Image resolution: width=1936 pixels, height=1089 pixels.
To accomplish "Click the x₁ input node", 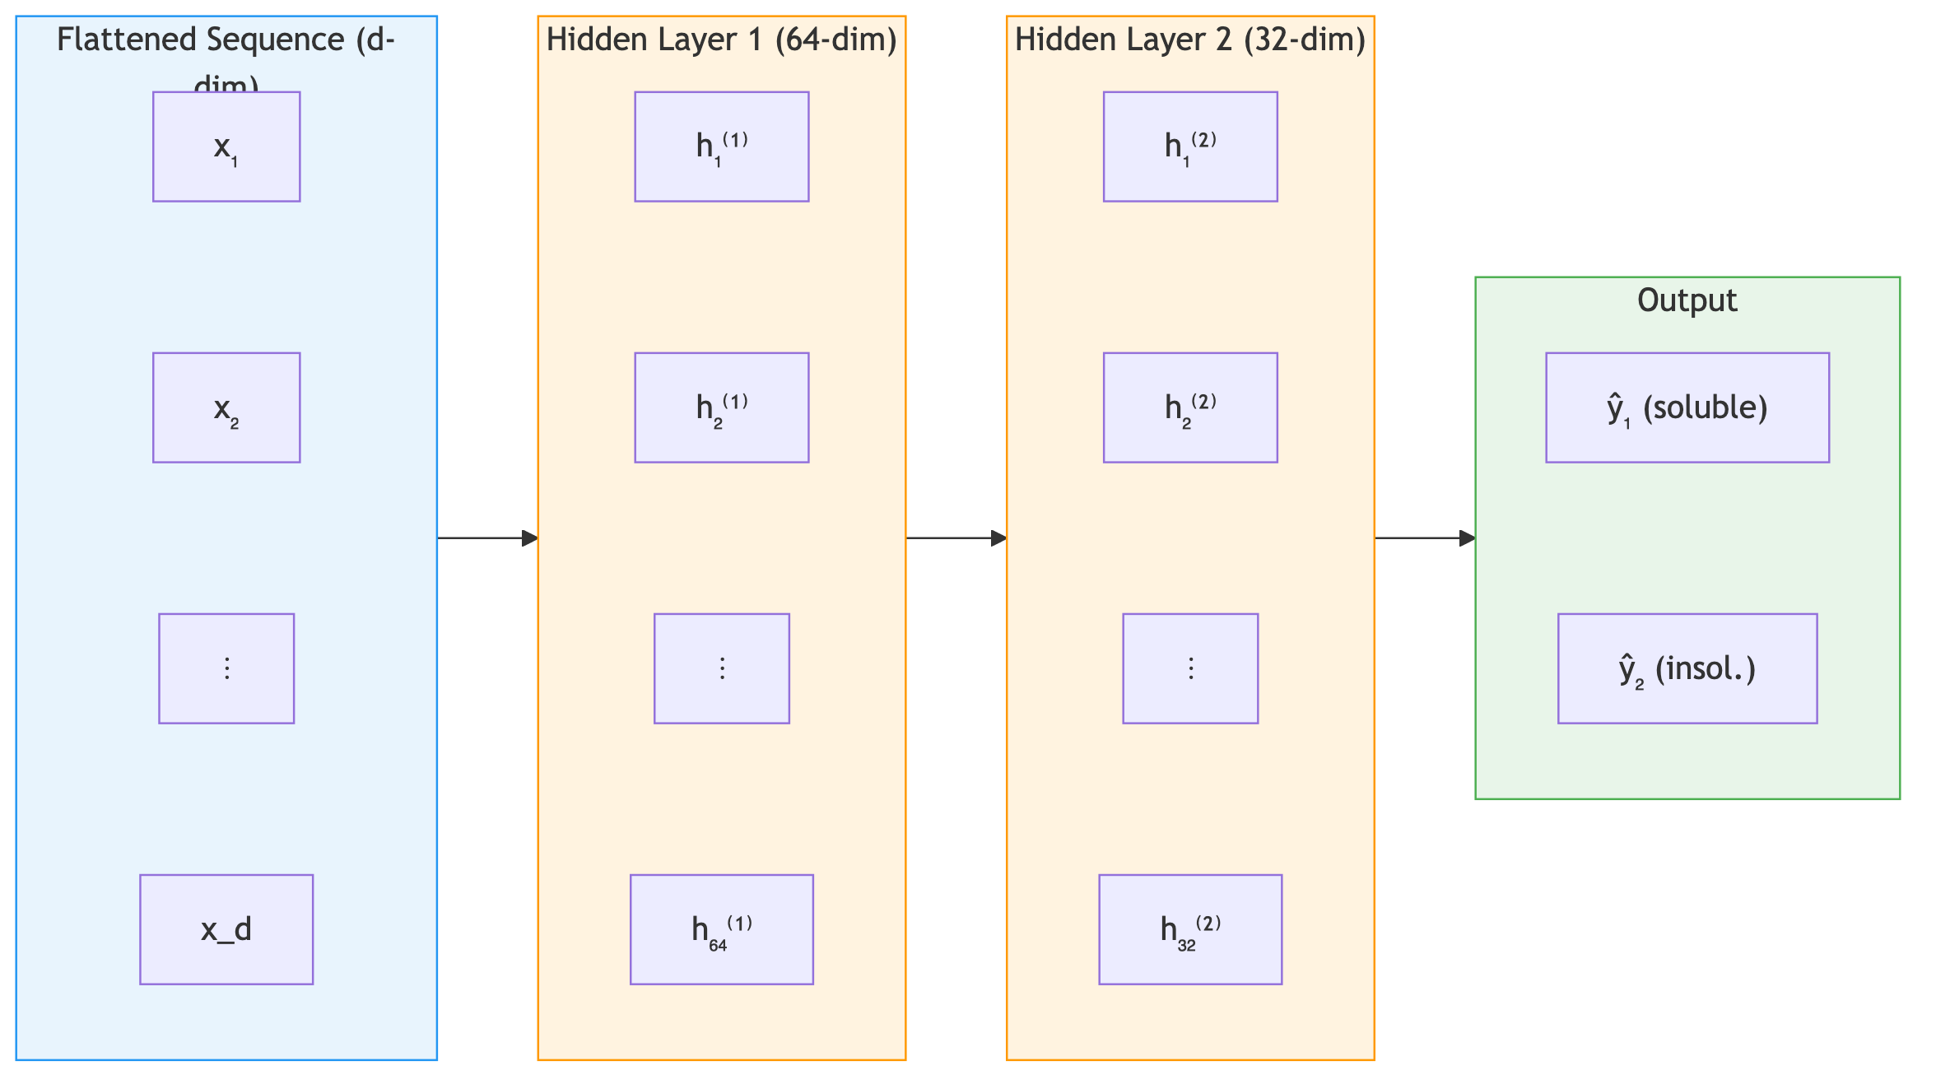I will click(226, 147).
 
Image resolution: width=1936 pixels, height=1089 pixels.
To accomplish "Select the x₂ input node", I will click(226, 407).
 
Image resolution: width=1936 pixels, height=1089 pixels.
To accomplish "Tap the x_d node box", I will click(226, 929).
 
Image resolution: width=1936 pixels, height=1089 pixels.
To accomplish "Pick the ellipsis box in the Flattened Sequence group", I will click(226, 668).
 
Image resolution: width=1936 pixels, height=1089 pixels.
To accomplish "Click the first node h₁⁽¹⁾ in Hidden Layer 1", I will click(722, 147).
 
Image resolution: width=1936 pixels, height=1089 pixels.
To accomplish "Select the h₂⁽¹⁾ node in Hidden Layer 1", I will click(722, 407).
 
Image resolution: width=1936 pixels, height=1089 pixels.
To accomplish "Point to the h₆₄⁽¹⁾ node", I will click(722, 929).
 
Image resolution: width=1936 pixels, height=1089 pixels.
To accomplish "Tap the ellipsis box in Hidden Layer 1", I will click(722, 668).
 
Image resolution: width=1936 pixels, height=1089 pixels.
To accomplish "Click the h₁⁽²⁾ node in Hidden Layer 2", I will click(1190, 147).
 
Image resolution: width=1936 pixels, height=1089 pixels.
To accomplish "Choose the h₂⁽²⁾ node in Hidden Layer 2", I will click(1190, 407).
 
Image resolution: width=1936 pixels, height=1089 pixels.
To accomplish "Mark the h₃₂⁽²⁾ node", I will click(1190, 929).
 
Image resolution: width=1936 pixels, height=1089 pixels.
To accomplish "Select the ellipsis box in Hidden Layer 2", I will click(1190, 668).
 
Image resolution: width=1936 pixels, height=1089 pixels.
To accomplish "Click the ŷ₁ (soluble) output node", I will click(1687, 407).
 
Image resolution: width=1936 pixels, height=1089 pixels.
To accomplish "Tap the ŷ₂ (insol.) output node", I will click(1687, 668).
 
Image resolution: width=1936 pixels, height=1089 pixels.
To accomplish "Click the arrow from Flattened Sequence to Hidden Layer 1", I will click(487, 538).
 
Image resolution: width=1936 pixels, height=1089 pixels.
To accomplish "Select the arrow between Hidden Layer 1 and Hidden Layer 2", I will click(956, 538).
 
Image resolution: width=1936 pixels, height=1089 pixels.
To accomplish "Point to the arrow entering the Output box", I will click(1425, 538).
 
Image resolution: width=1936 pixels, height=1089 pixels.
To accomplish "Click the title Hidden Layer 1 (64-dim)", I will click(722, 40).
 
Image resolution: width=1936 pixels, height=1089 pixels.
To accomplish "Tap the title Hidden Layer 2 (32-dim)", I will click(1190, 40).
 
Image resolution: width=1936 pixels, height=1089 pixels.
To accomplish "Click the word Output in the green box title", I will click(1687, 300).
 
